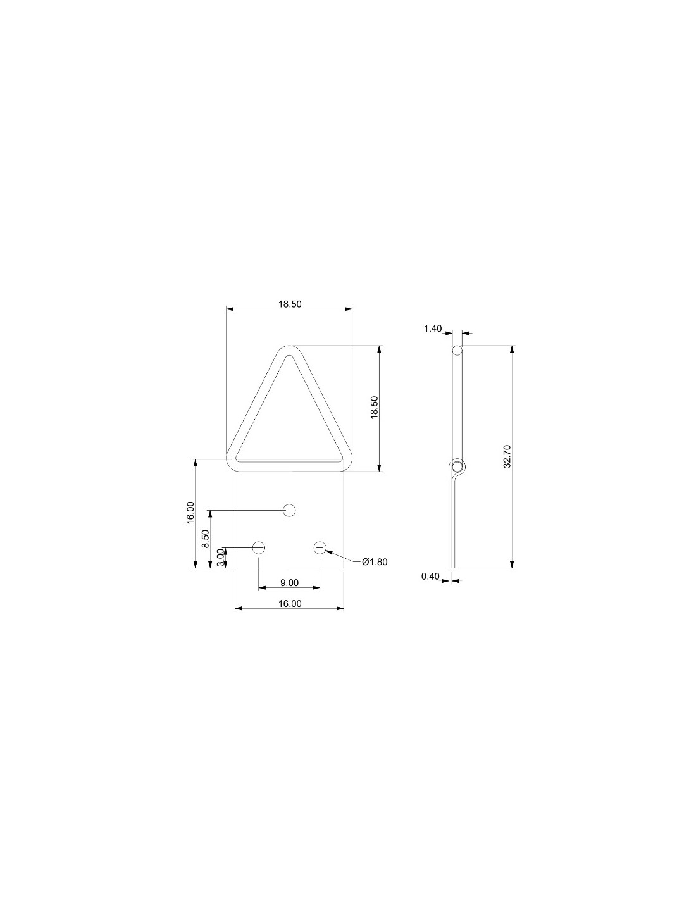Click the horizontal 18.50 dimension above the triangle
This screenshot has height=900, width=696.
coord(289,304)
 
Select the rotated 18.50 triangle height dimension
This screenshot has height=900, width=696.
coord(375,408)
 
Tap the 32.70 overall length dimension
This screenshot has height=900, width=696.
coord(507,456)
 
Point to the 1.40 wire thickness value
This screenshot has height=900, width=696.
coord(433,328)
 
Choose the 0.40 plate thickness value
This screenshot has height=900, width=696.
coord(430,576)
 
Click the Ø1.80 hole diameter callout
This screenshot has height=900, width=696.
coord(375,562)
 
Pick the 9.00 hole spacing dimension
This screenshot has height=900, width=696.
coord(289,583)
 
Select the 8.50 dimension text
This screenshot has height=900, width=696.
coord(206,539)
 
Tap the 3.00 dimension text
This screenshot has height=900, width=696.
coord(221,558)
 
